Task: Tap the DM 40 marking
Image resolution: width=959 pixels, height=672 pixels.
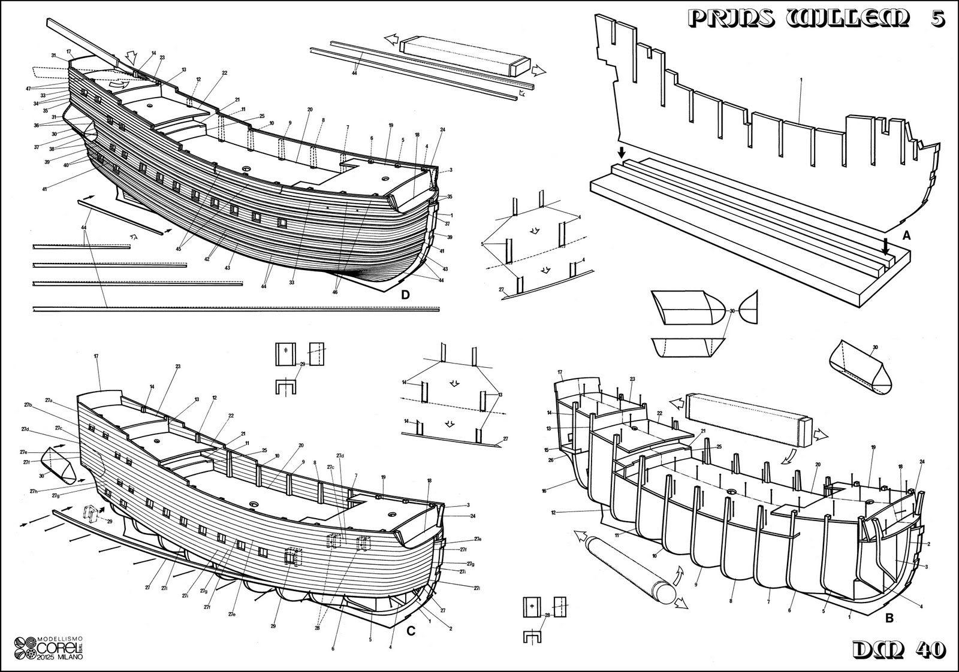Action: tap(899, 649)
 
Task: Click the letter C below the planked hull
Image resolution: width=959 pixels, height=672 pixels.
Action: tap(411, 630)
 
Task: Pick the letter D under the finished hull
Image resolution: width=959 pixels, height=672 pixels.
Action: tap(405, 295)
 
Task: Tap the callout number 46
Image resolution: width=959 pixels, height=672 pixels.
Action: tap(334, 292)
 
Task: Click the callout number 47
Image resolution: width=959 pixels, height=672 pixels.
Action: tap(28, 89)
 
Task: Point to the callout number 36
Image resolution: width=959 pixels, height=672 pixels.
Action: tap(36, 125)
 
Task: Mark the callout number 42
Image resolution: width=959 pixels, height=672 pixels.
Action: tap(206, 259)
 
